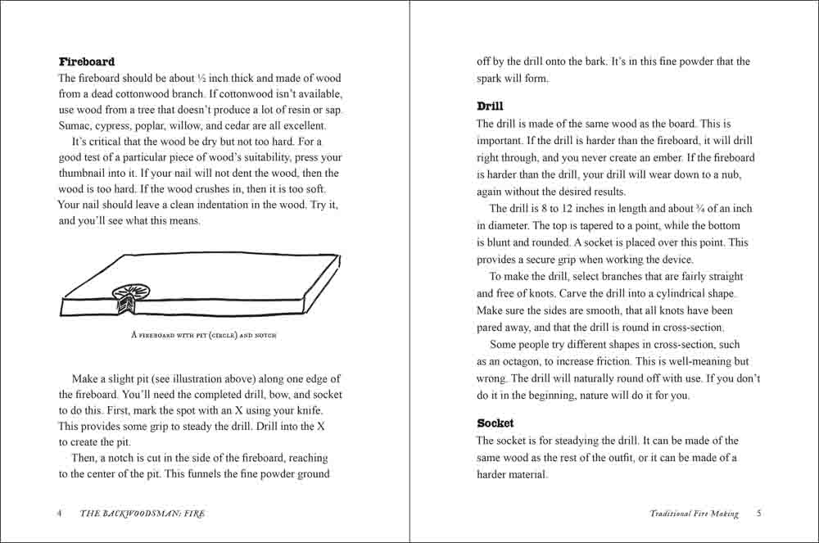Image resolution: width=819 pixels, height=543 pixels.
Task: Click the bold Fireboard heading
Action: coord(87,61)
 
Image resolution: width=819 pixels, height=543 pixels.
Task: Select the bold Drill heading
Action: coord(490,106)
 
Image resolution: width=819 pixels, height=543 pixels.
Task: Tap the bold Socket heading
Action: coord(495,423)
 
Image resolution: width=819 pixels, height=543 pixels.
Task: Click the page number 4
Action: coord(60,514)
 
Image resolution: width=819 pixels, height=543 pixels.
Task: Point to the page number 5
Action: coord(758,514)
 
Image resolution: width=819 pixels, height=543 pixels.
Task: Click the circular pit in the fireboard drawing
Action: coord(129,294)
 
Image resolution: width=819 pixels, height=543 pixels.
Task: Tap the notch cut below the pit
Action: coord(127,306)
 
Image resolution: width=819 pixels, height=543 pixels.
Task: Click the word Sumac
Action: coord(75,126)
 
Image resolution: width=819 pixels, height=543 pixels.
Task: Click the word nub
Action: coord(744,174)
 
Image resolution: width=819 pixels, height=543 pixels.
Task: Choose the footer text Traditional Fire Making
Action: coord(694,514)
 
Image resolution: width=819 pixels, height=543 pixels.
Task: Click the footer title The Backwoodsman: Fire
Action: coord(143,514)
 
